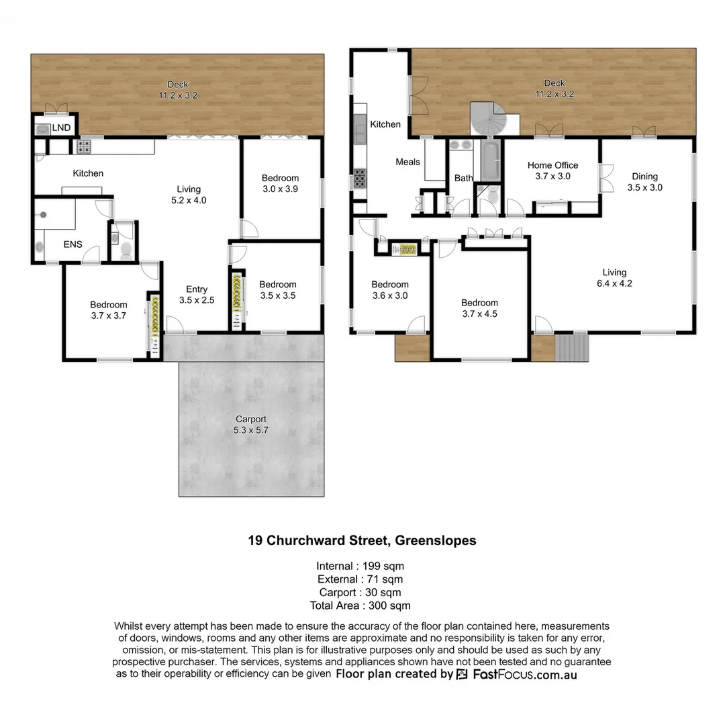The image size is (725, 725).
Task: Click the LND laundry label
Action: tap(61, 128)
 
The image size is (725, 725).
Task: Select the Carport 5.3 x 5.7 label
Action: tap(251, 425)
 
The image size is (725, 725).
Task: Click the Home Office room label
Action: tap(552, 171)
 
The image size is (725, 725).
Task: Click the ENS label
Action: tap(72, 244)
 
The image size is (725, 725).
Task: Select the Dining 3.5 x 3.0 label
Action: tap(644, 182)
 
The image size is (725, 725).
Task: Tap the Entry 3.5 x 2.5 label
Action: tap(197, 295)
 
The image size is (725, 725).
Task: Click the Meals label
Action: tap(407, 162)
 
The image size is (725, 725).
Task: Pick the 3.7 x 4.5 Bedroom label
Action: tap(479, 308)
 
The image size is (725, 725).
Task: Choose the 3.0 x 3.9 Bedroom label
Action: tap(280, 183)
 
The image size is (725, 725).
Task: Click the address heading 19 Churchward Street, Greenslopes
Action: tap(362, 540)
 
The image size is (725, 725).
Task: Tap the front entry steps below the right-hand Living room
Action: tap(572, 348)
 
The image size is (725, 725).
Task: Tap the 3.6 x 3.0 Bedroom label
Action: tap(390, 290)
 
